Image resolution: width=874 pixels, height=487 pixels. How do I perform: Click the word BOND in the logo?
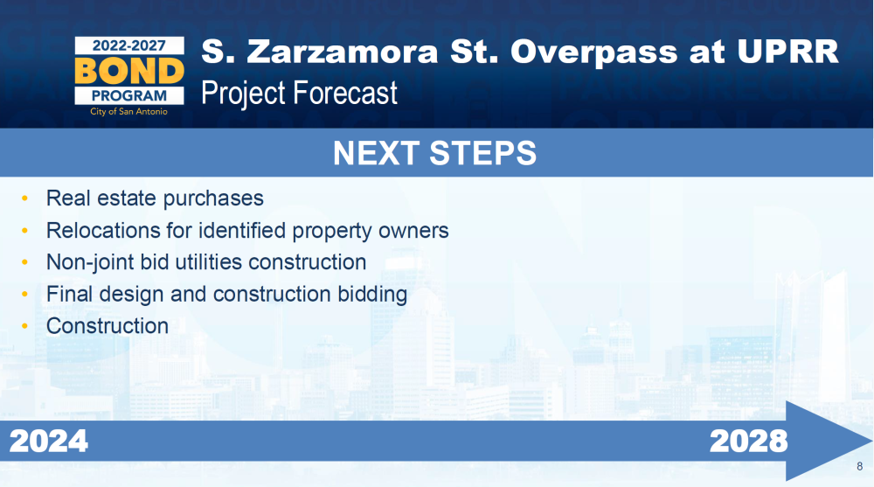129,72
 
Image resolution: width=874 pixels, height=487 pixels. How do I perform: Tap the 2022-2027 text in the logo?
129,45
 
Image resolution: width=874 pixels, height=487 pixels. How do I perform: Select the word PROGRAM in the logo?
129,96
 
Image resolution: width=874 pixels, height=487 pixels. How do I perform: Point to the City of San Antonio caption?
128,112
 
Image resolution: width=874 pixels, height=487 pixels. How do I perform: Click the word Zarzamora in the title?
343,52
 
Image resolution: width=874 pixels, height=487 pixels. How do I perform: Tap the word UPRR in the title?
787,52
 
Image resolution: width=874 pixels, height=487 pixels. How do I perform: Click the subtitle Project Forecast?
299,93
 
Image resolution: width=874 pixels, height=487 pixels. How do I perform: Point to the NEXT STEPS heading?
434,153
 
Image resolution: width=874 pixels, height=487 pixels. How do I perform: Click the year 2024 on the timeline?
48,442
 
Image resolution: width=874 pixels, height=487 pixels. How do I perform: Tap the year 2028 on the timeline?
749,442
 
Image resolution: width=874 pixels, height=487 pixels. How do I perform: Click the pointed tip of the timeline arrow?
872,441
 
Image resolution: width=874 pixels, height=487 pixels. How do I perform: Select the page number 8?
859,466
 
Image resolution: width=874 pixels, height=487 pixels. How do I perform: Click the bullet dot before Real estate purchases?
24,198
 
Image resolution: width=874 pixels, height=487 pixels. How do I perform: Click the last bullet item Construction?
108,326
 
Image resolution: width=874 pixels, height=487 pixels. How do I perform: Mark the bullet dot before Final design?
24,294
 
